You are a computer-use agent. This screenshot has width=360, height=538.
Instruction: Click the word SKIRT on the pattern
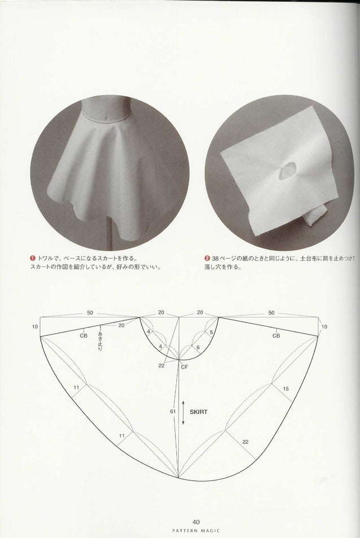(x=199, y=412)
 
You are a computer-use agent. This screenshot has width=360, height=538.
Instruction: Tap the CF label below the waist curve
(x=185, y=366)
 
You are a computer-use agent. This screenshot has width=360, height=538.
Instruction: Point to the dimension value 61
(x=173, y=412)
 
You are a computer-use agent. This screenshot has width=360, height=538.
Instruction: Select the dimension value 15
(x=286, y=389)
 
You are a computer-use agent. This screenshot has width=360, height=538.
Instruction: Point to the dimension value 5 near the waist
(x=211, y=332)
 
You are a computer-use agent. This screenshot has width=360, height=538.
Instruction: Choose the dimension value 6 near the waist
(x=198, y=347)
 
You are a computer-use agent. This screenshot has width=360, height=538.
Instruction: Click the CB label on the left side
(x=84, y=335)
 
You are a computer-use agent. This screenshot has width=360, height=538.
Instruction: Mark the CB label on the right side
(x=276, y=335)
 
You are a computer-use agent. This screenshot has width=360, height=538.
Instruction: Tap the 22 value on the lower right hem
(x=245, y=441)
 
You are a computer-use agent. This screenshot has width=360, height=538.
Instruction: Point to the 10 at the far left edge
(x=35, y=327)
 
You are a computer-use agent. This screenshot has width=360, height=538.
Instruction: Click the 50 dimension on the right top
(x=271, y=312)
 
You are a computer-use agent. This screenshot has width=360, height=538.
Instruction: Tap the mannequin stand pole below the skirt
(x=107, y=236)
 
